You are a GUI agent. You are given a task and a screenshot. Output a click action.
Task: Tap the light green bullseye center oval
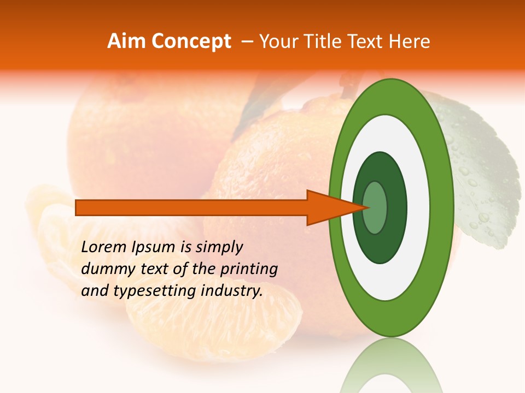pos(375,207)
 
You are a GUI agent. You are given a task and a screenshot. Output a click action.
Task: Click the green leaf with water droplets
pos(481,175)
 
